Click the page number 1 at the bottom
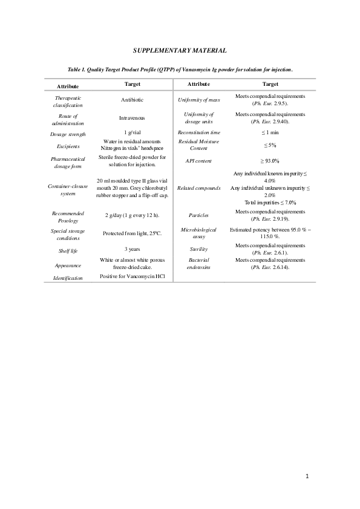click(307, 476)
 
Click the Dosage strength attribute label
click(68, 134)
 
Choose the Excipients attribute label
click(68, 146)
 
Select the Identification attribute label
click(68, 278)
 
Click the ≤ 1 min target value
click(270, 132)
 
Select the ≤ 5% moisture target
click(270, 146)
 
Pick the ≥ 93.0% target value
click(270, 161)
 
